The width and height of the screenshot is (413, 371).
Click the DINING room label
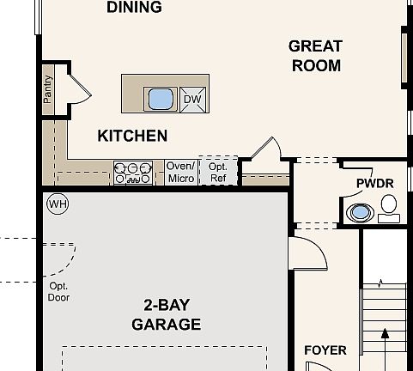pyautogui.click(x=134, y=7)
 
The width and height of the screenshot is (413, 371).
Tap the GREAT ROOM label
pyautogui.click(x=315, y=56)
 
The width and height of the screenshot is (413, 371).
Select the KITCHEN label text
pyautogui.click(x=132, y=136)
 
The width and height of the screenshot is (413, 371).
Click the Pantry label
pyautogui.click(x=48, y=89)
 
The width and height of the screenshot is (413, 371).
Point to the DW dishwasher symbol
pyautogui.click(x=193, y=100)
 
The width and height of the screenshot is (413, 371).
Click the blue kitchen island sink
pyautogui.click(x=161, y=100)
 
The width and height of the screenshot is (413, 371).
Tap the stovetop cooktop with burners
pyautogui.click(x=133, y=173)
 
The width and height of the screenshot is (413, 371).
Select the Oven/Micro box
pyautogui.click(x=181, y=173)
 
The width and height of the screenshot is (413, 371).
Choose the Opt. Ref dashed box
pyautogui.click(x=218, y=171)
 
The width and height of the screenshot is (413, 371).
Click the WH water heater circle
pyautogui.click(x=58, y=204)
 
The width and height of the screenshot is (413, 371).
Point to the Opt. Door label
pyautogui.click(x=58, y=292)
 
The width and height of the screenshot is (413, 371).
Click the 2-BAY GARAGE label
pyautogui.click(x=167, y=314)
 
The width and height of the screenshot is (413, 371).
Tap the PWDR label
pyautogui.click(x=375, y=184)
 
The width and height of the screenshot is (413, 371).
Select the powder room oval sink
pyautogui.click(x=360, y=213)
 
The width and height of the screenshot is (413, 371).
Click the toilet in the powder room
pyautogui.click(x=389, y=209)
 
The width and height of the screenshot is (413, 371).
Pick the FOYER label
pyautogui.click(x=325, y=350)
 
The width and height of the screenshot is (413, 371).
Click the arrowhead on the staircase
pyautogui.click(x=386, y=333)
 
